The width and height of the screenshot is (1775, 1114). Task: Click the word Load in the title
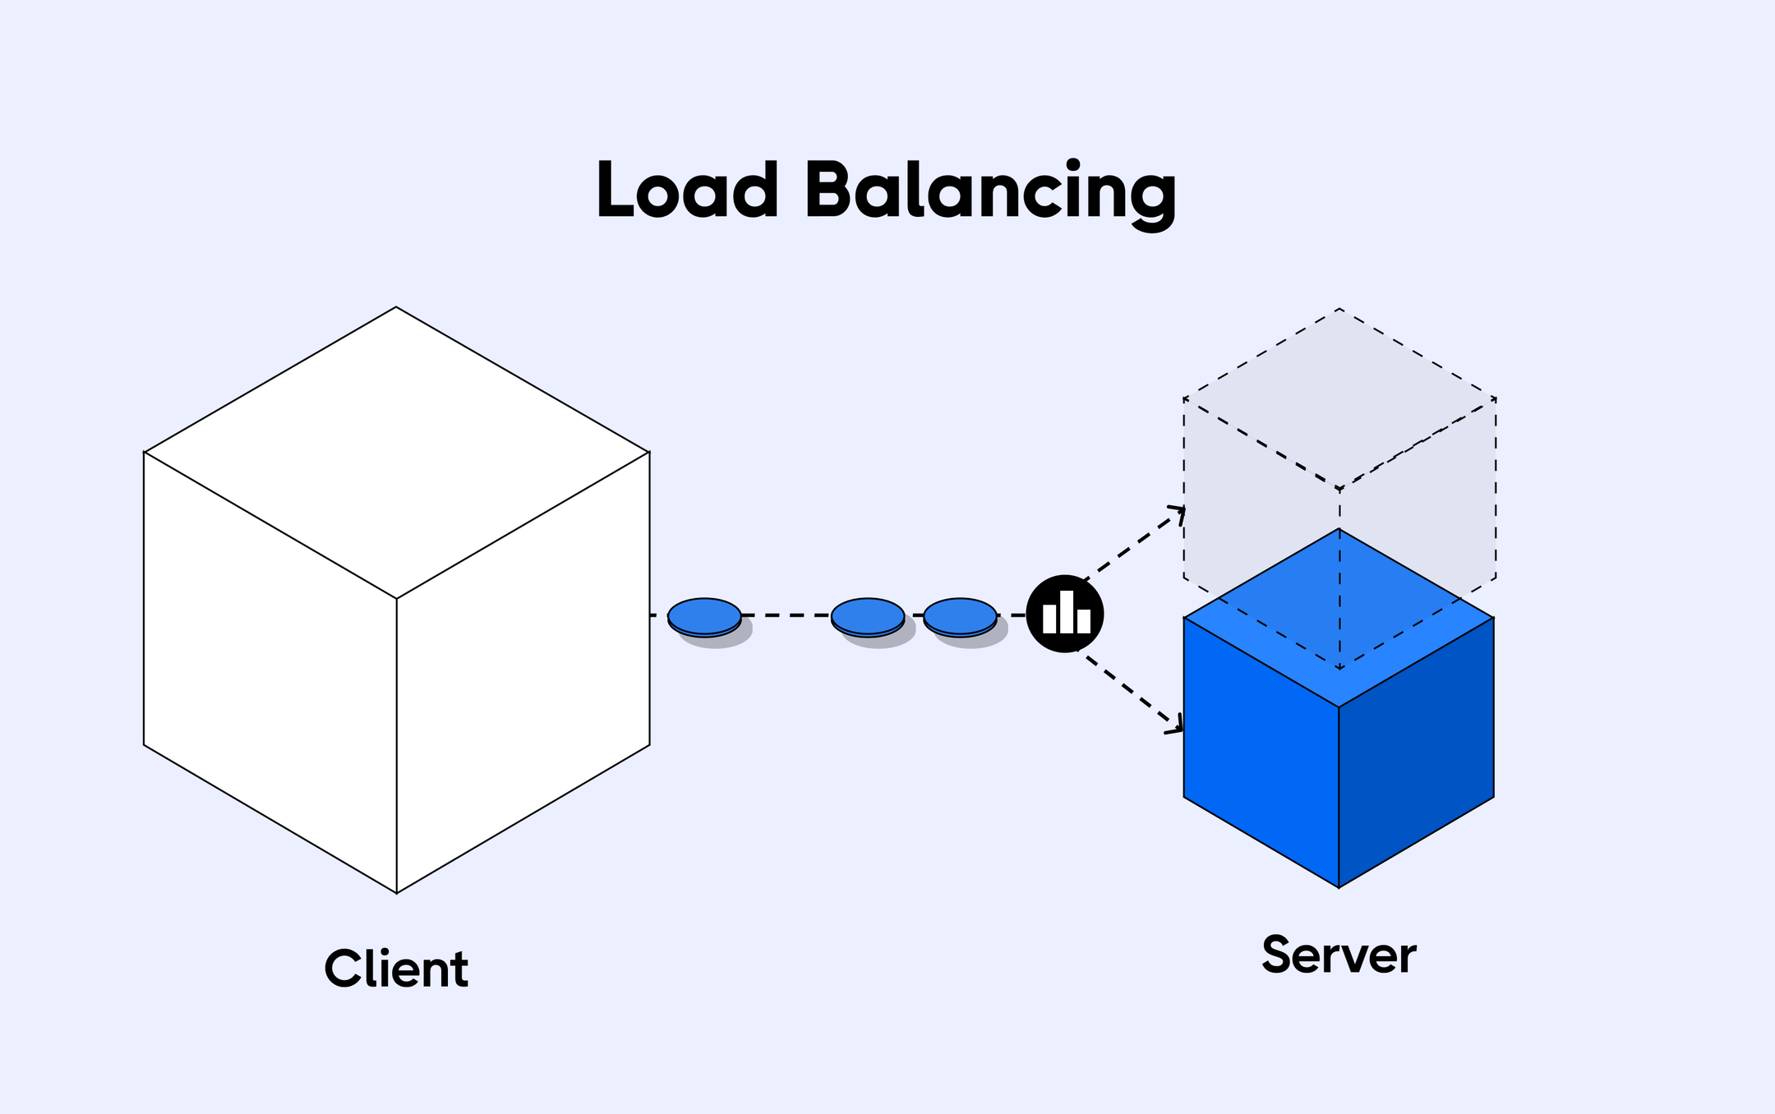pyautogui.click(x=687, y=191)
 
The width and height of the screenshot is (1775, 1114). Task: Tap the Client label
pyautogui.click(x=396, y=969)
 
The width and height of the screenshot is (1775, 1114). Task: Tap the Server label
pyautogui.click(x=1339, y=955)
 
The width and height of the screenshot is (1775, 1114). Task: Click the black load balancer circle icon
pyautogui.click(x=1065, y=614)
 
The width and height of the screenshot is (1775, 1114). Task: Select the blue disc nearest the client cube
pyautogui.click(x=704, y=615)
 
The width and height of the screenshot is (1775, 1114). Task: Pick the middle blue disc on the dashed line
pyautogui.click(x=868, y=615)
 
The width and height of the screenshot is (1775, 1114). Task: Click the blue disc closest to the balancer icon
pyautogui.click(x=960, y=615)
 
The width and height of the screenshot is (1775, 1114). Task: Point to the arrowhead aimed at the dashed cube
pyautogui.click(x=1180, y=511)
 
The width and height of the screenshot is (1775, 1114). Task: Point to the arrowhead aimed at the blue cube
pyautogui.click(x=1178, y=727)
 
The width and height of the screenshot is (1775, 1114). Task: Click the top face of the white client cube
pyautogui.click(x=397, y=452)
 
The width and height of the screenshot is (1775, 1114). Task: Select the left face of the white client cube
pyautogui.click(x=270, y=672)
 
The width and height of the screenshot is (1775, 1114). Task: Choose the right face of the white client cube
pyautogui.click(x=523, y=672)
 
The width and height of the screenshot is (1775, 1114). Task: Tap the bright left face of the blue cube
pyautogui.click(x=1261, y=752)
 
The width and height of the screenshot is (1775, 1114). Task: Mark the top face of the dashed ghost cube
pyautogui.click(x=1339, y=398)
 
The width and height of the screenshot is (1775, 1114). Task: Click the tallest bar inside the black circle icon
pyautogui.click(x=1066, y=612)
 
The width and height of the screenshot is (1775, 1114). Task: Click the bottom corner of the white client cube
pyautogui.click(x=397, y=892)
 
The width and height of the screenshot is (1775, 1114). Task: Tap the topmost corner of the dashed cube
pyautogui.click(x=1339, y=309)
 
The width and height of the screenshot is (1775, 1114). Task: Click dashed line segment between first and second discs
pyautogui.click(x=786, y=615)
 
